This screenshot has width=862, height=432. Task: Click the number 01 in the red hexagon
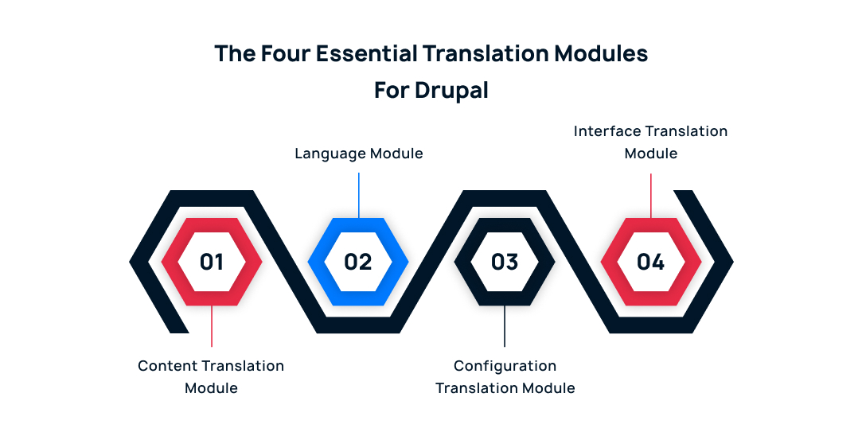coord(212,262)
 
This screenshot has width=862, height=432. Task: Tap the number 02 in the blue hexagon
coord(358,262)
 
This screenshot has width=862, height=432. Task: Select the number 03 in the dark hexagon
coord(505,262)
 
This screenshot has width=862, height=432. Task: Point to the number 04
coord(650,262)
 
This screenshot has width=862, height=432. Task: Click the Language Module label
coord(358,154)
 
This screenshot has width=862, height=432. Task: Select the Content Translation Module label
coord(211,376)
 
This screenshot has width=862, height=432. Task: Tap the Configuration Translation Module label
coord(505,376)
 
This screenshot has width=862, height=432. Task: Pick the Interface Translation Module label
coord(650,142)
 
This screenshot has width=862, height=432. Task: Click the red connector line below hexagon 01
coord(212,326)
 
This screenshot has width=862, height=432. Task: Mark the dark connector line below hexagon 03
coord(505,326)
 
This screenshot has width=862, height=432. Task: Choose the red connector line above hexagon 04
coord(651,196)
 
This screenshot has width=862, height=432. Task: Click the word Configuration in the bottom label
coord(505,366)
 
